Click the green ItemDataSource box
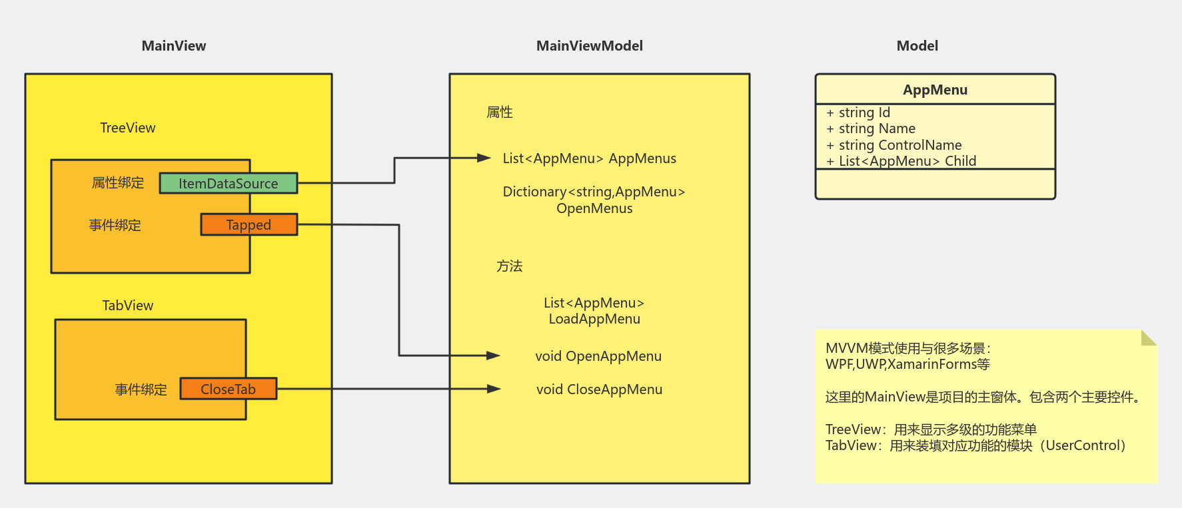pos(228,183)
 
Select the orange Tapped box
pos(249,225)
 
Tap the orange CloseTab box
pos(228,389)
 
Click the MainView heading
pos(174,46)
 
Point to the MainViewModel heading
pos(589,46)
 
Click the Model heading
pos(917,46)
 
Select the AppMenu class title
pos(935,90)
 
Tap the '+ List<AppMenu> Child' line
pos(901,161)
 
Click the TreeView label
pos(127,128)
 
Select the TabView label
pos(127,306)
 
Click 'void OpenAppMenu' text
pos(598,356)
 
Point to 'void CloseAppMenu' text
pos(599,389)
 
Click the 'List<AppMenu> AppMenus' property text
pos(589,158)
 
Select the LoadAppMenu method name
pos(594,319)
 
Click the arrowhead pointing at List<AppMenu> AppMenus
pos(484,158)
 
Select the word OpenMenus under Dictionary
pos(594,208)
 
